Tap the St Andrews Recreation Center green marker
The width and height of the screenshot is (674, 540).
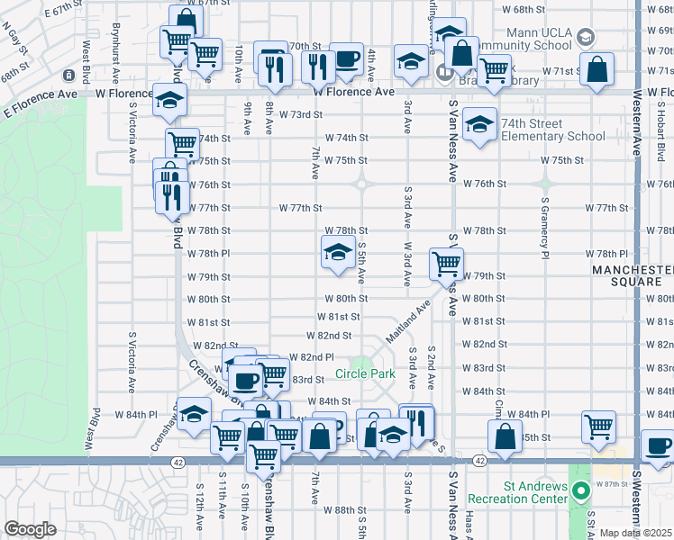(582, 491)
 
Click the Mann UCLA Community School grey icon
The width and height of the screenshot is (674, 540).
(586, 37)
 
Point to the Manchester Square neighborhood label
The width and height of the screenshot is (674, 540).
(631, 275)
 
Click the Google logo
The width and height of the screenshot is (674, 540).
(31, 529)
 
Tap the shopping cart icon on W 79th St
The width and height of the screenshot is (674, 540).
(446, 264)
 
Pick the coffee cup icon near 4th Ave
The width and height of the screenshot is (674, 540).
(346, 58)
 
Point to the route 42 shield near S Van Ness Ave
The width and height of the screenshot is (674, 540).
(478, 461)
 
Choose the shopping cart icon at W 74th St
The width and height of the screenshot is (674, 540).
(182, 143)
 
